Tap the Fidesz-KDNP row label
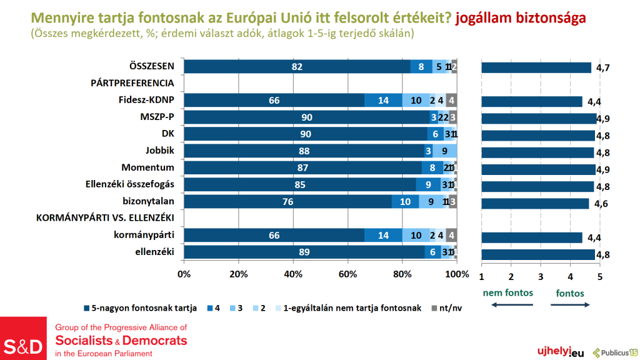click(149, 100)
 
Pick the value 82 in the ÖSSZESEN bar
click(297, 67)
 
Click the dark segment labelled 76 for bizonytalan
click(288, 201)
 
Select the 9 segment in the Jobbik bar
click(444, 151)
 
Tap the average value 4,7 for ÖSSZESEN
click(603, 67)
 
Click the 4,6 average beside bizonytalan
click(601, 202)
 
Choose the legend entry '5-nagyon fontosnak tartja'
click(141, 307)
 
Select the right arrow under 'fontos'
click(571, 305)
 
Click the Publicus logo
click(616, 352)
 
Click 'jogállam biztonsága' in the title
click(521, 17)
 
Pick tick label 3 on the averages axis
click(541, 276)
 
